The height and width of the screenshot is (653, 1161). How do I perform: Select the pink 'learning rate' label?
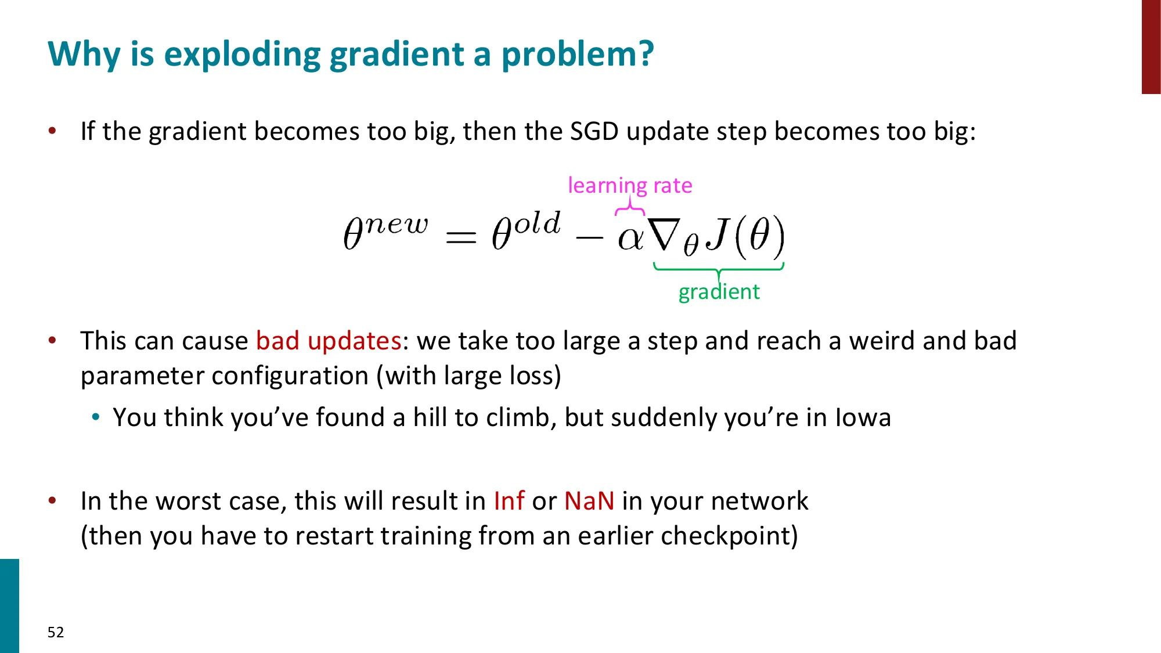coord(630,185)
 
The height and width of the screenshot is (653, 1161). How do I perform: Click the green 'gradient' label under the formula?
coord(719,291)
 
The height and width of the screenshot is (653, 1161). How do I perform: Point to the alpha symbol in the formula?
coord(630,237)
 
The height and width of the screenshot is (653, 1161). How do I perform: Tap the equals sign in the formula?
coord(461,237)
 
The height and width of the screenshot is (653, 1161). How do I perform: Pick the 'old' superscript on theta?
coord(538,223)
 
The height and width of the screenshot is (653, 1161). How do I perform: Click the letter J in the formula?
coord(719,234)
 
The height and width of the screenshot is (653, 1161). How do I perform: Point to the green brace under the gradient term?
coord(719,268)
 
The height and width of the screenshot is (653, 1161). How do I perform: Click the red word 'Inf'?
coord(509,501)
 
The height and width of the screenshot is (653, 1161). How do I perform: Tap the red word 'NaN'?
coord(589,501)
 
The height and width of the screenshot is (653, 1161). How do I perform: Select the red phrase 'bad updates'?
coord(329,341)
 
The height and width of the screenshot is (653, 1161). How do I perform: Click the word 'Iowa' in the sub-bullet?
coord(863,417)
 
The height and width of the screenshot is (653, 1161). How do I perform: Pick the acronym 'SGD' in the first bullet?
coord(594,131)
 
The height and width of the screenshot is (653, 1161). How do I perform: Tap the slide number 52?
coord(56,632)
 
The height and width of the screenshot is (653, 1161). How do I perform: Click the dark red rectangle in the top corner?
coord(1151,46)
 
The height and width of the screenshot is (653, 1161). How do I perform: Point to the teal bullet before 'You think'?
coord(96,417)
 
